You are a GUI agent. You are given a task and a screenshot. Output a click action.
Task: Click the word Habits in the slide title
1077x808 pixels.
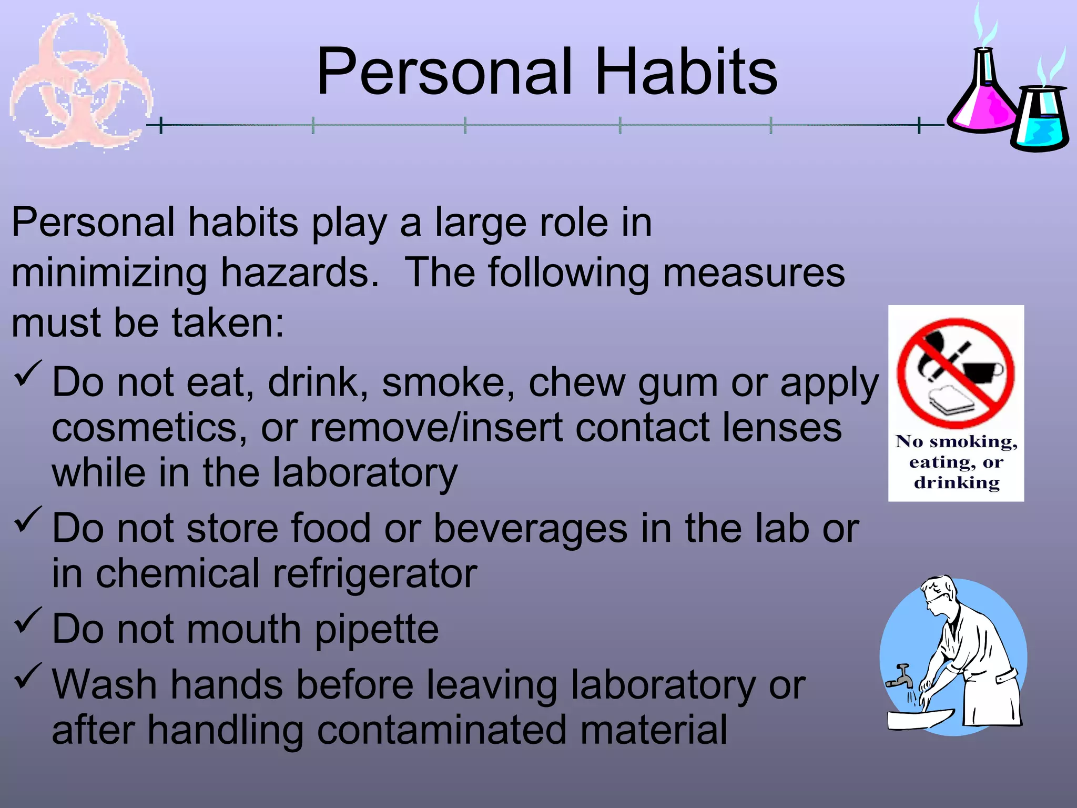(x=686, y=72)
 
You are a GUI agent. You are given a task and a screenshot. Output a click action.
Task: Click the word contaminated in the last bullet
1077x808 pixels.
(x=442, y=730)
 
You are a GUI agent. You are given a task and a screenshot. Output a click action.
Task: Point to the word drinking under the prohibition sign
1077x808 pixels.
(x=957, y=483)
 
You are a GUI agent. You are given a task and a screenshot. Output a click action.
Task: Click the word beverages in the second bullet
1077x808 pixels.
(x=530, y=529)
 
